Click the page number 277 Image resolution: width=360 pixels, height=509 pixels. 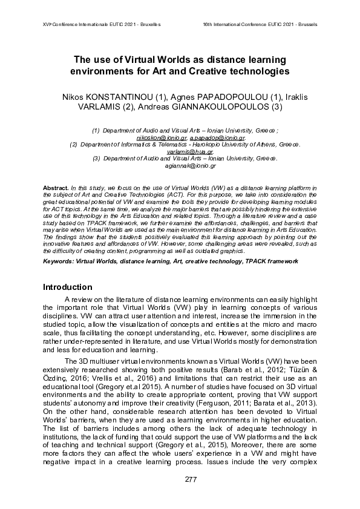(x=180, y=480)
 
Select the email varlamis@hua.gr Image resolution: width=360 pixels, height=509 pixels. (x=181, y=152)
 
